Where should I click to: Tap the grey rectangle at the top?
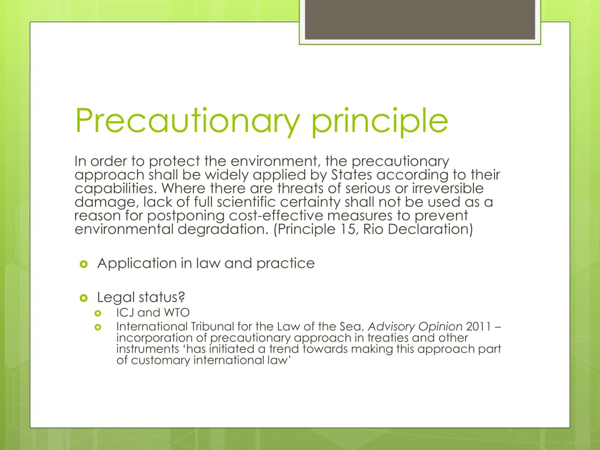click(420, 19)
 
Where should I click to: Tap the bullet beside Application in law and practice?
click(83, 264)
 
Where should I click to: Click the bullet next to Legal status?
click(83, 298)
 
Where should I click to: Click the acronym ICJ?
click(125, 313)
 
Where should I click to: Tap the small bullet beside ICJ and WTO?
click(98, 313)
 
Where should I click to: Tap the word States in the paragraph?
click(349, 175)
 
